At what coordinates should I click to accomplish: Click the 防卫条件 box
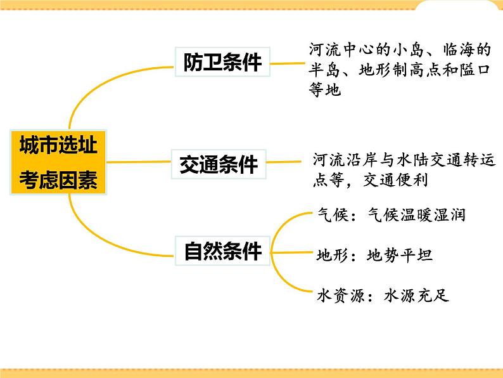[222, 62]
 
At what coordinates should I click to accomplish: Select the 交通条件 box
[219, 164]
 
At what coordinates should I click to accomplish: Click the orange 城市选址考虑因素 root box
[58, 163]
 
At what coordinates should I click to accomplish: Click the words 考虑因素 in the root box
[58, 180]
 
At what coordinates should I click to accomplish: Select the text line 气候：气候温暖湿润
[391, 215]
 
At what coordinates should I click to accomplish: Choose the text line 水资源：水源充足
[382, 296]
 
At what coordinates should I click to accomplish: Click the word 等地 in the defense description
[325, 91]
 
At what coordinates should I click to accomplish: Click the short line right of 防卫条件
[284, 62]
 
